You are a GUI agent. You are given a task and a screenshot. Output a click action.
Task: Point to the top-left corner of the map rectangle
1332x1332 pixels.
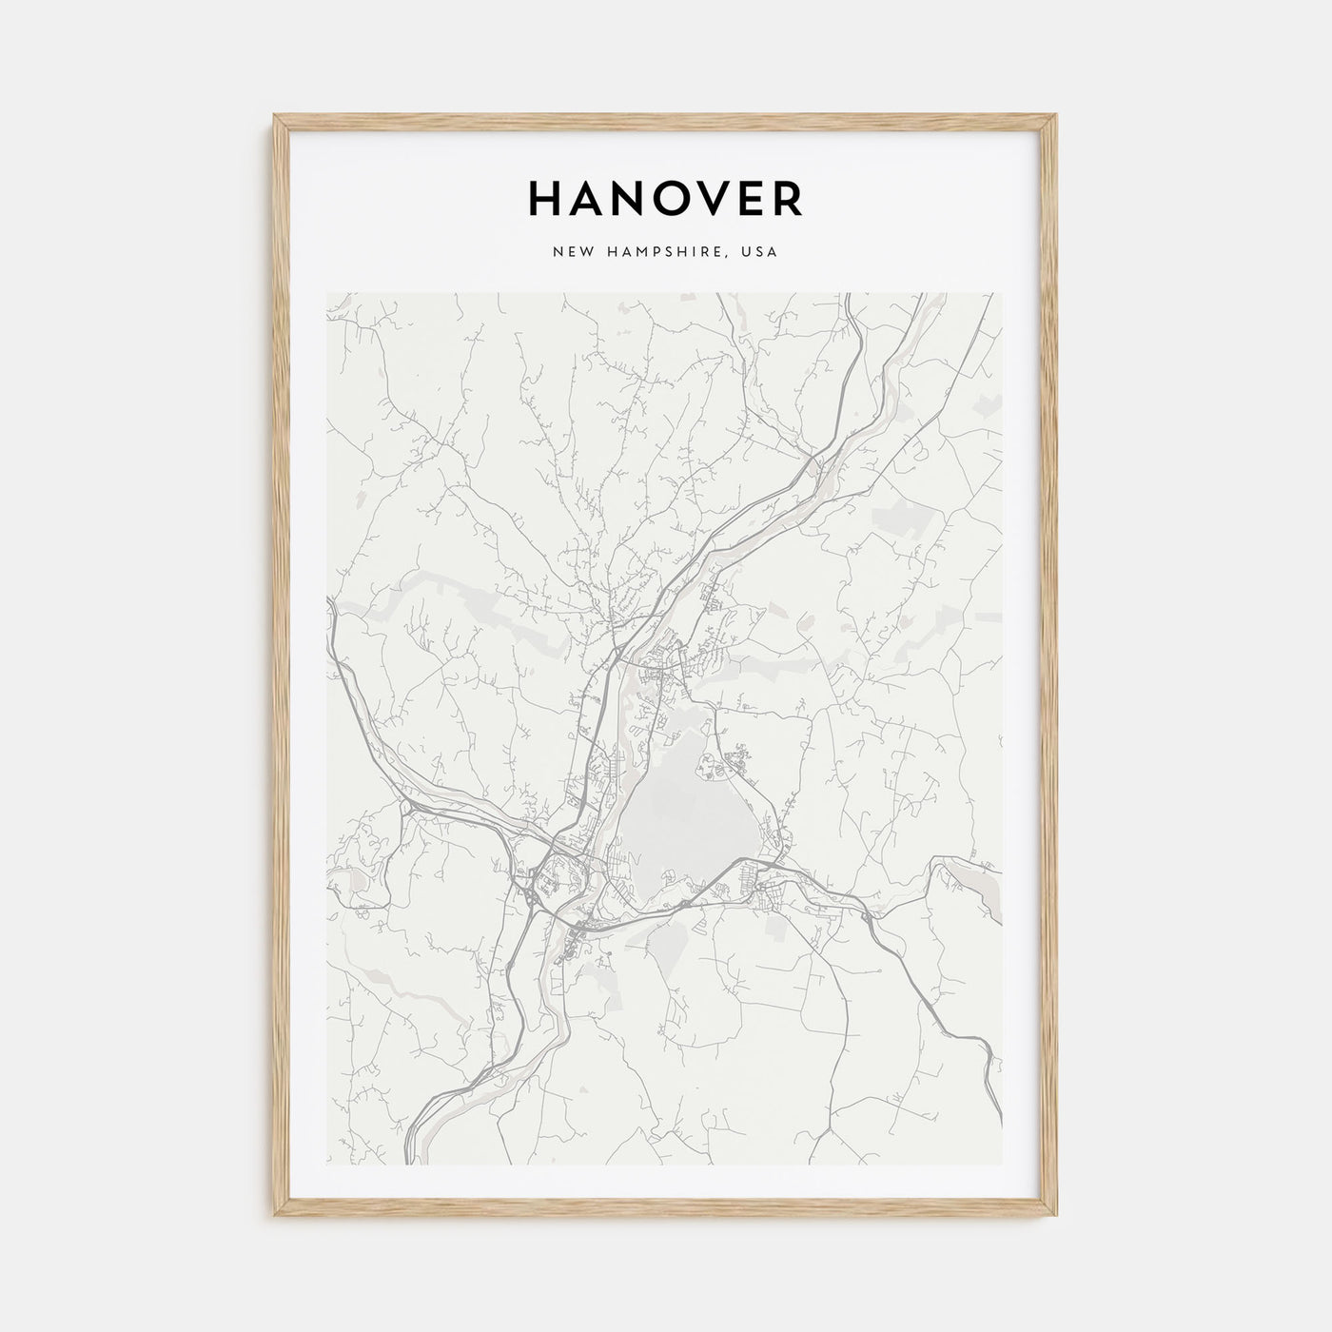326,293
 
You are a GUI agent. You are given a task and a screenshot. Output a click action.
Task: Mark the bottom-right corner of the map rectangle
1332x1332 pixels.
1003,1165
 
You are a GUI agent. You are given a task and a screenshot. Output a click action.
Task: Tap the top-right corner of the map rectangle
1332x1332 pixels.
1003,293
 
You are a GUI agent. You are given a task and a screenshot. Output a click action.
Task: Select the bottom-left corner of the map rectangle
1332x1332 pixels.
326,1165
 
